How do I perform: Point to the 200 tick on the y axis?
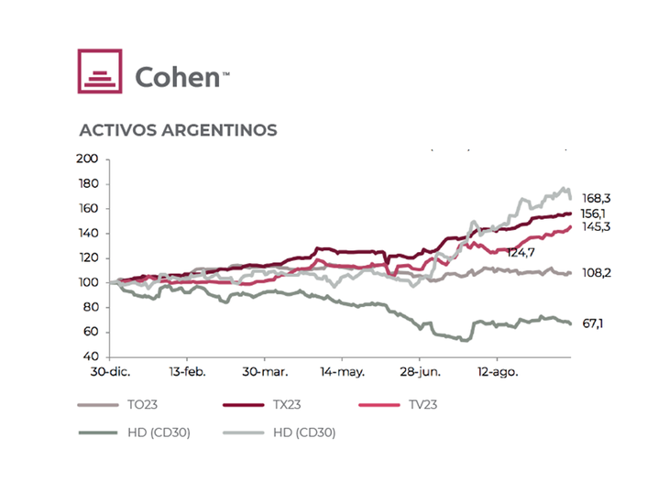pyautogui.click(x=87, y=159)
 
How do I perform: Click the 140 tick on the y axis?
pyautogui.click(x=87, y=233)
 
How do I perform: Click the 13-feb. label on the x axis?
pyautogui.click(x=187, y=373)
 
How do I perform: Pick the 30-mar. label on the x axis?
pyautogui.click(x=265, y=373)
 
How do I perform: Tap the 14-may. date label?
pyautogui.click(x=342, y=373)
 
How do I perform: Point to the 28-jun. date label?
pyautogui.click(x=420, y=373)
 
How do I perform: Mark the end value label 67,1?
pyautogui.click(x=593, y=323)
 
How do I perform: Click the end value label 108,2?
pyautogui.click(x=598, y=273)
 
